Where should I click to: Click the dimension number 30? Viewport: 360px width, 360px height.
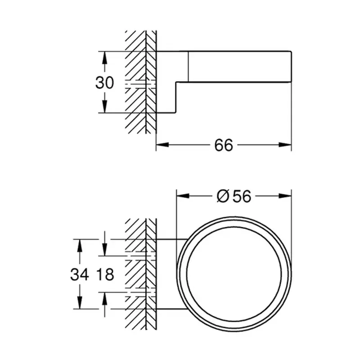click(x=104, y=83)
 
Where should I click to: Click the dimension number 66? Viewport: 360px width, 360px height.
click(x=224, y=145)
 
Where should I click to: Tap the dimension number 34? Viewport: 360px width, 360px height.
click(x=80, y=274)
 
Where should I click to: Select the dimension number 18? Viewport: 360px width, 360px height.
click(x=105, y=274)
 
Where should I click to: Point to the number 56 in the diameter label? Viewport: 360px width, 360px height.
click(x=242, y=197)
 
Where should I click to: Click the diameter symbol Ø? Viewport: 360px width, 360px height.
click(x=223, y=197)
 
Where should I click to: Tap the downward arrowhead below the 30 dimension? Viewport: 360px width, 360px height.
click(x=104, y=107)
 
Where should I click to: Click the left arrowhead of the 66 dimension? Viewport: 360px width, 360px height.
click(x=162, y=145)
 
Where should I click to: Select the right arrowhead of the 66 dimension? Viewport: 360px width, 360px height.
click(x=285, y=145)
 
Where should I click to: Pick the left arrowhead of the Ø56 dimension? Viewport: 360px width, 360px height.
click(x=183, y=196)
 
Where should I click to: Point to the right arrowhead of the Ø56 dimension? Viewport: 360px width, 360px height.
click(x=285, y=196)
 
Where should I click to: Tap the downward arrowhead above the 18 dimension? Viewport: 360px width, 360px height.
click(x=104, y=250)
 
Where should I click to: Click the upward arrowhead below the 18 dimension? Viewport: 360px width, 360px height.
click(x=104, y=299)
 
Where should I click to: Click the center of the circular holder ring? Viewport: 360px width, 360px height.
click(x=234, y=274)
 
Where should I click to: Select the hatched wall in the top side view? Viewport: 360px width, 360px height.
click(x=140, y=82)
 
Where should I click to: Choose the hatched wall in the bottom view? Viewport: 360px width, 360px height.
click(x=140, y=274)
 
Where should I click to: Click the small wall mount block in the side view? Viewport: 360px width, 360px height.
click(x=166, y=82)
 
